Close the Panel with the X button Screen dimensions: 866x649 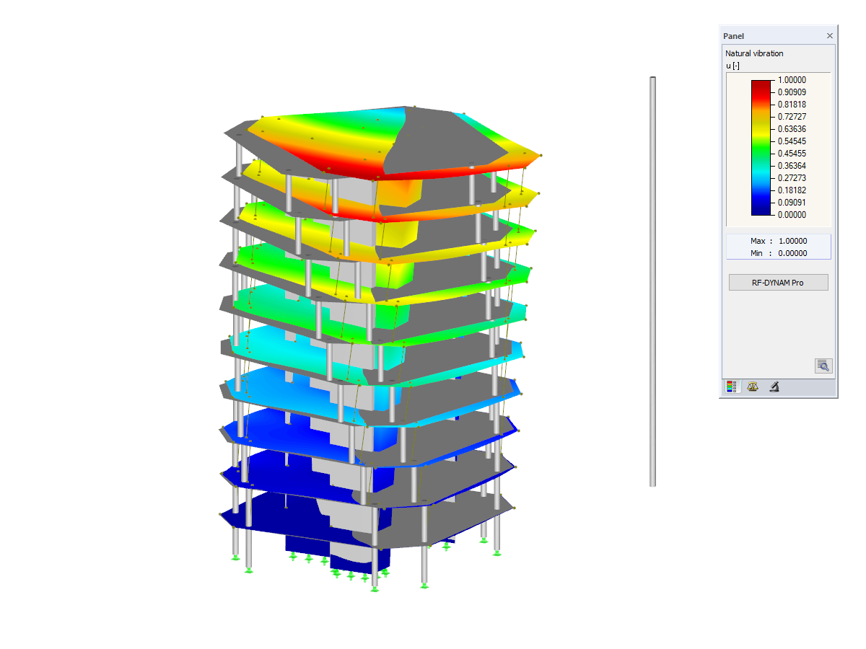click(x=829, y=36)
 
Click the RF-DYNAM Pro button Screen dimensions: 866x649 click(x=778, y=283)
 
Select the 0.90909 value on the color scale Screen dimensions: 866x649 click(x=792, y=92)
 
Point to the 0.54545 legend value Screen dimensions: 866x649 click(x=792, y=141)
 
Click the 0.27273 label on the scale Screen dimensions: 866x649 click(x=792, y=177)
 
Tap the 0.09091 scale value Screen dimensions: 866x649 click(x=792, y=203)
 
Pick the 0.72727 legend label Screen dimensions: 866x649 click(x=792, y=117)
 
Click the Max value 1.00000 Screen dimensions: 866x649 click(x=792, y=241)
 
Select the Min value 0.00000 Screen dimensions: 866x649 click(x=792, y=253)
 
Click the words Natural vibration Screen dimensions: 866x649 click(x=754, y=53)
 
